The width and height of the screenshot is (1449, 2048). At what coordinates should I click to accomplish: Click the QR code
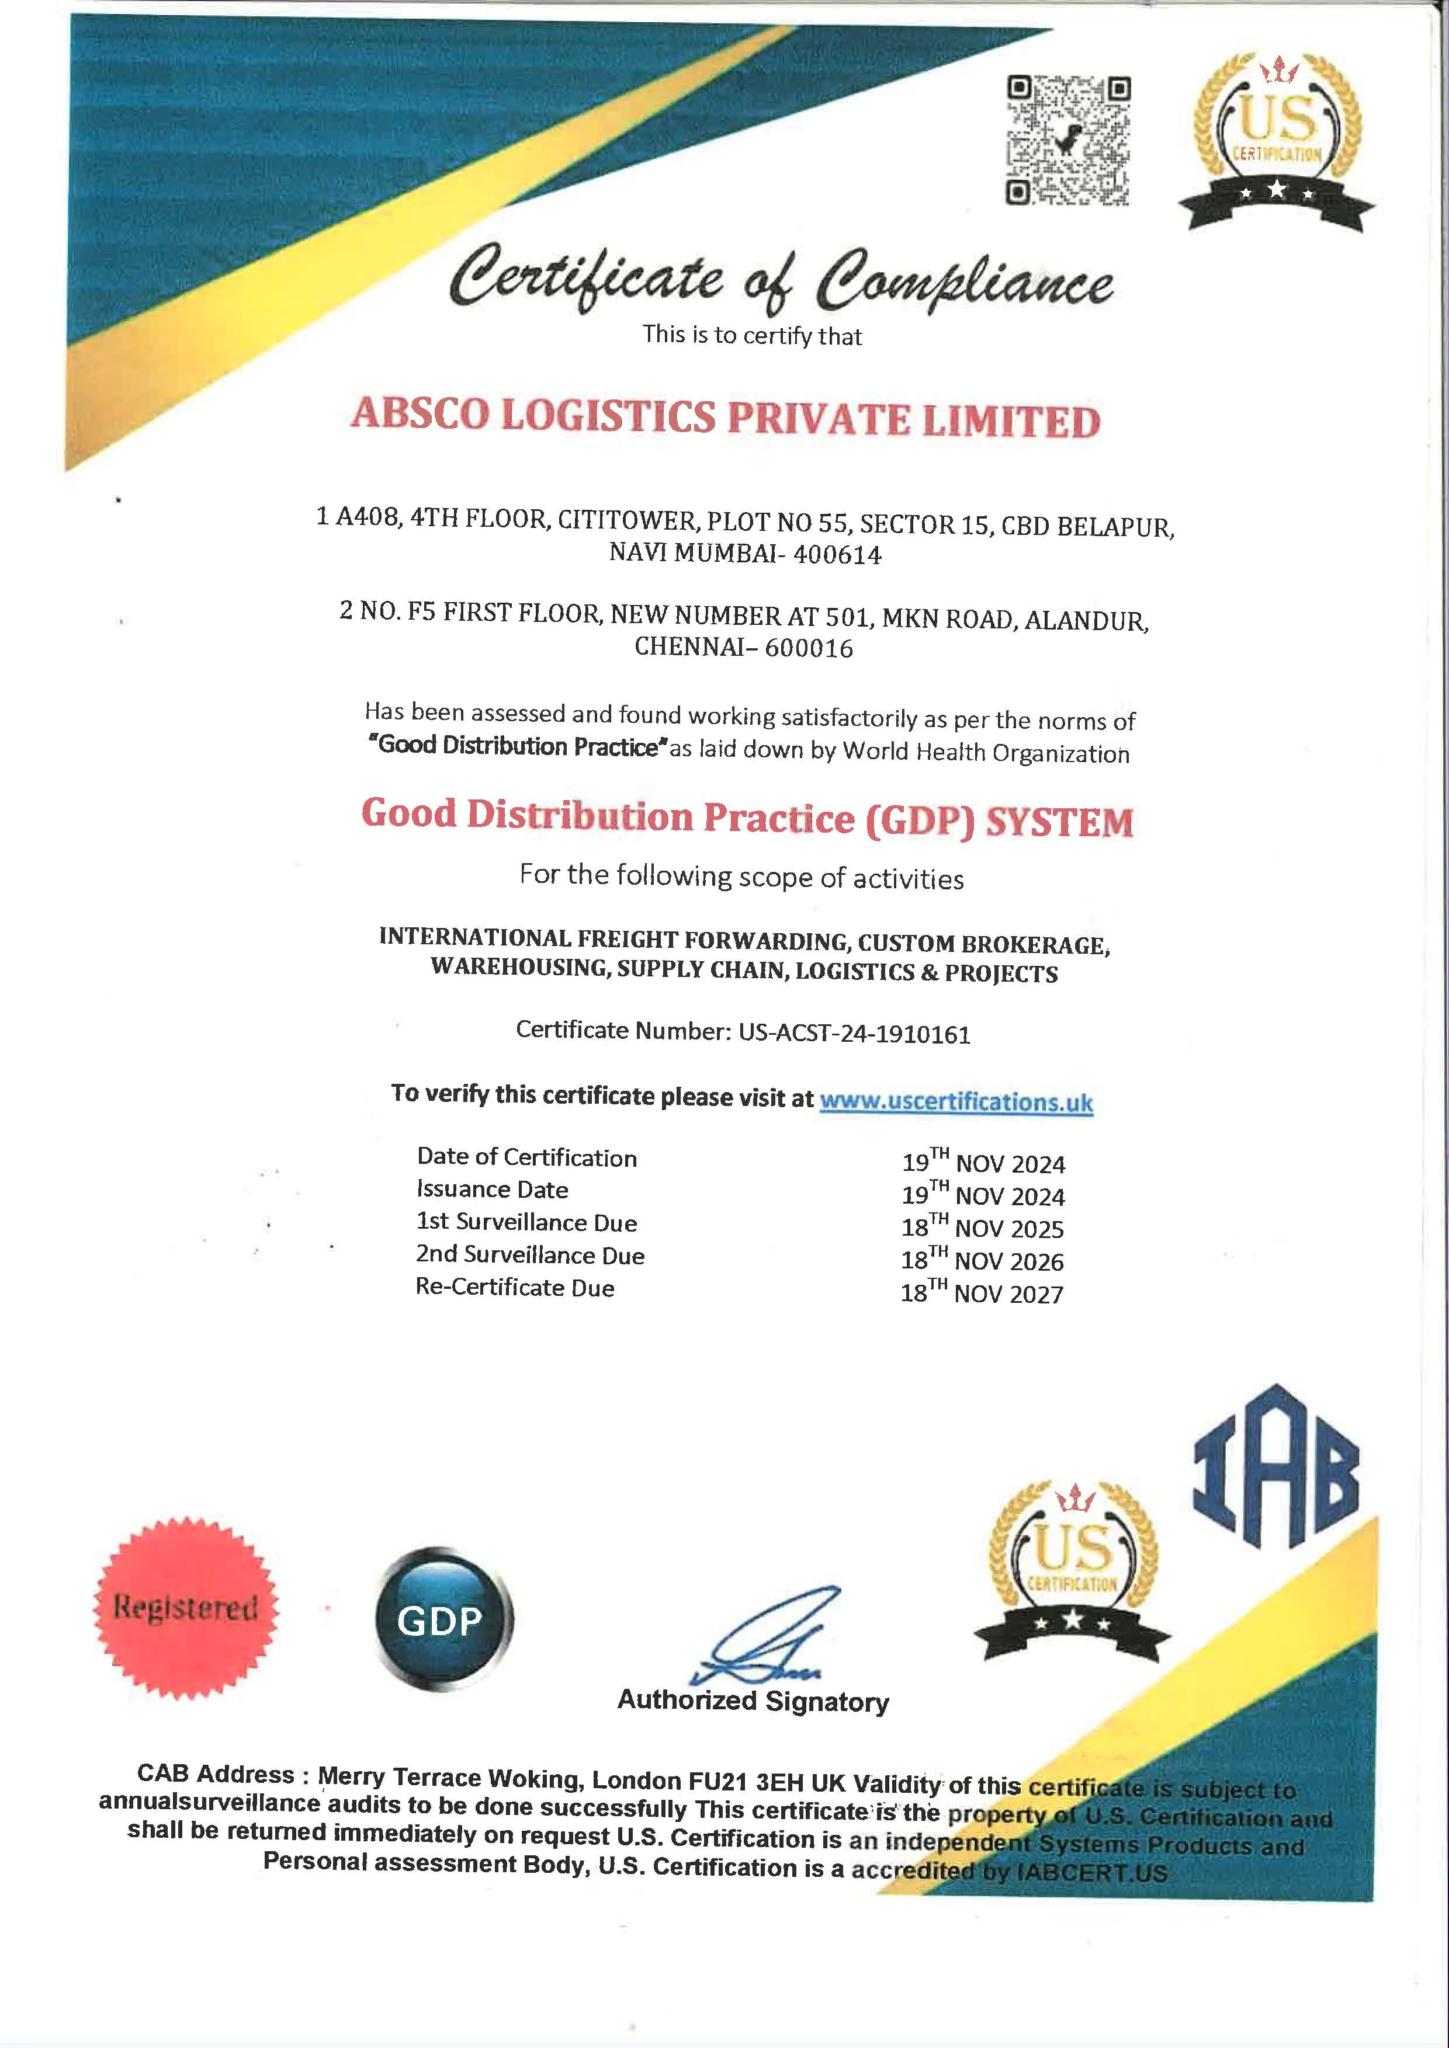tap(1068, 141)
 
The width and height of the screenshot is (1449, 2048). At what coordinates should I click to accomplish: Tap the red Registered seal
tap(186, 1607)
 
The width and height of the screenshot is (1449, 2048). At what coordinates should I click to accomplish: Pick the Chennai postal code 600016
tap(809, 648)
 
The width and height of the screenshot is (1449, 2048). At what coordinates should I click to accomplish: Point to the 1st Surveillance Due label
tap(526, 1222)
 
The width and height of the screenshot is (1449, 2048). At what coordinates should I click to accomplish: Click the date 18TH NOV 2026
tap(982, 1260)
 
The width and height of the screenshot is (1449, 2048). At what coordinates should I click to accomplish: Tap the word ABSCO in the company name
tap(420, 414)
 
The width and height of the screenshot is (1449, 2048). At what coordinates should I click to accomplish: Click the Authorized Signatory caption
tap(753, 1700)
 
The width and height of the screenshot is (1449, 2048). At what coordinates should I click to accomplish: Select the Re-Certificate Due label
tap(515, 1287)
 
